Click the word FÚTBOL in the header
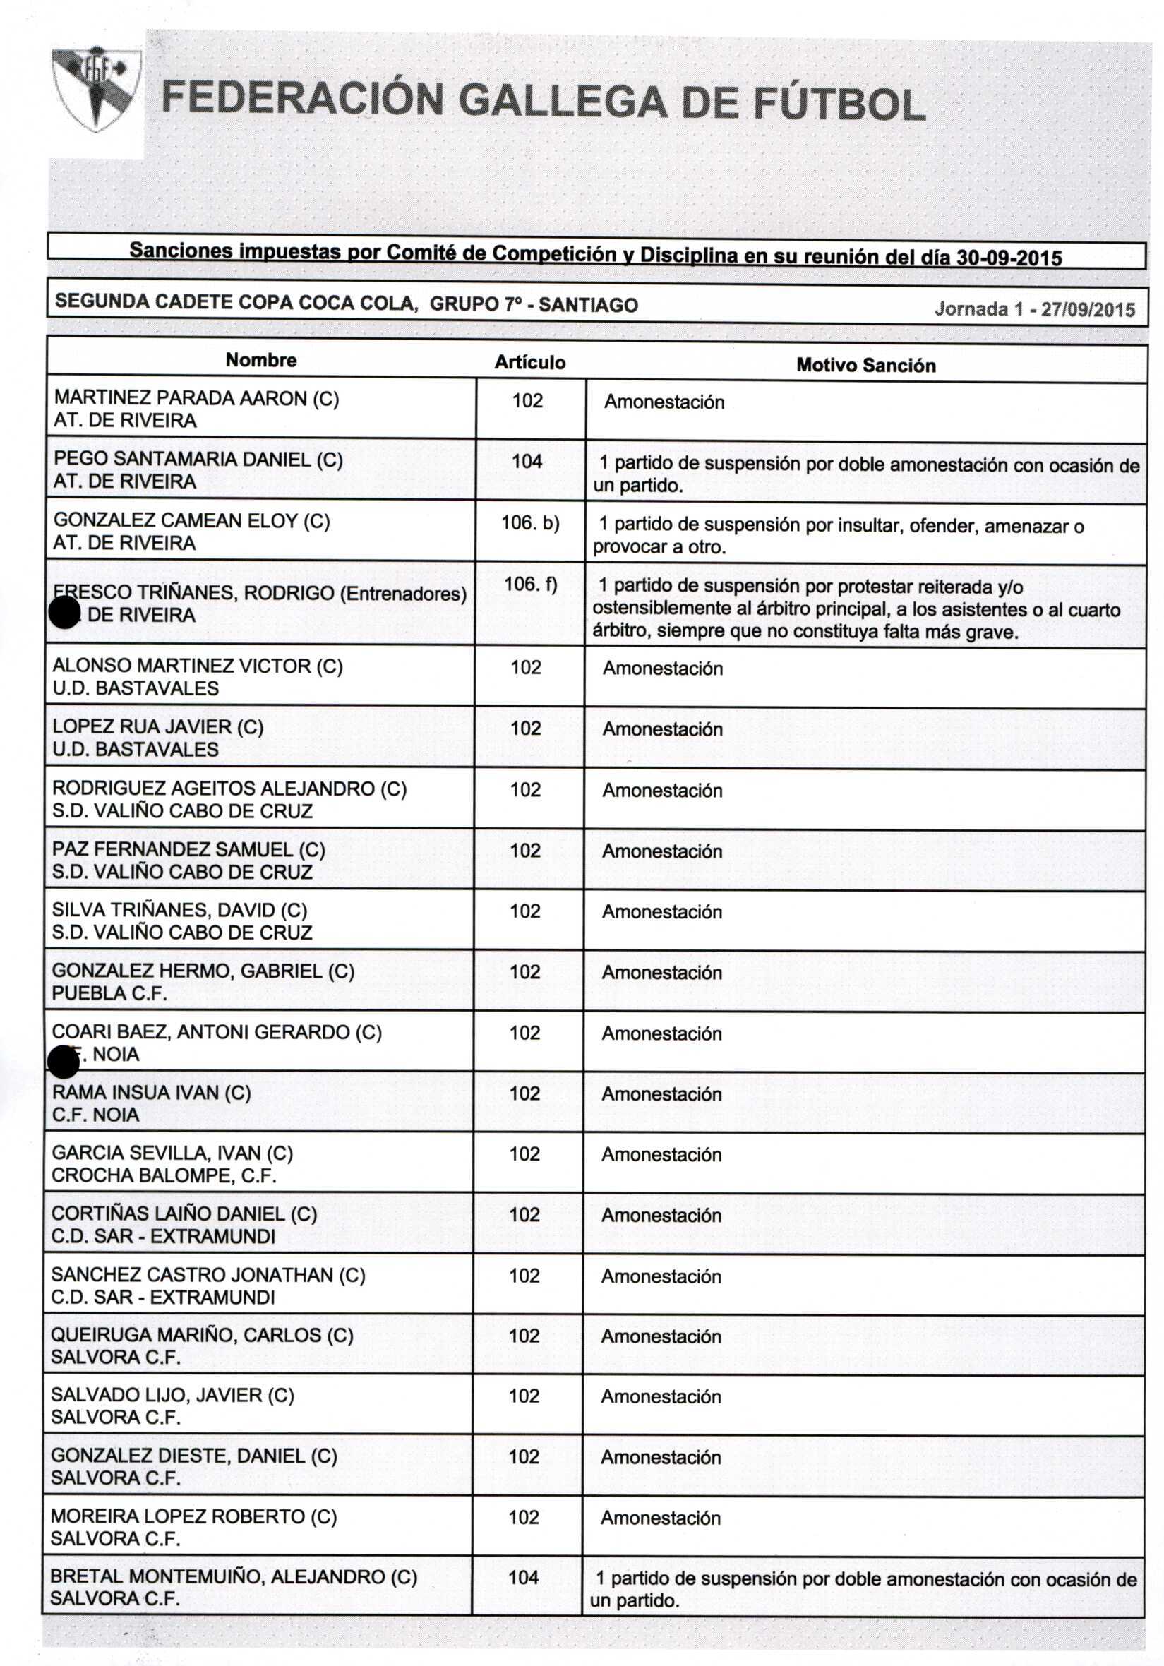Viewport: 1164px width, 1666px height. click(x=839, y=103)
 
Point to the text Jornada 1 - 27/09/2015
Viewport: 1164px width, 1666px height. click(x=1034, y=309)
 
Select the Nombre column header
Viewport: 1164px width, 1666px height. click(x=261, y=360)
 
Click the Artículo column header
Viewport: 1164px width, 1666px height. click(x=529, y=362)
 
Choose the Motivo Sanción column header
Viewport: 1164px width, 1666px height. click(x=865, y=365)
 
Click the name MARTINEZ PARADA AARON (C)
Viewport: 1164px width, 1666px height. click(x=196, y=398)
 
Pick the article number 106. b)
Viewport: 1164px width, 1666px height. click(x=529, y=522)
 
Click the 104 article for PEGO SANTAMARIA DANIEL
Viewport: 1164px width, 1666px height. click(x=527, y=462)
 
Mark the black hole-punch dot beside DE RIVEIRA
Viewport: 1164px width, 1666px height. click(x=64, y=613)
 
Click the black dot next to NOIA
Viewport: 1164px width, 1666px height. click(x=63, y=1062)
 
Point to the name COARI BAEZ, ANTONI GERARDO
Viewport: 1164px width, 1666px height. click(x=216, y=1032)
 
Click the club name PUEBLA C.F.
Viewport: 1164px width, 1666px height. click(x=109, y=993)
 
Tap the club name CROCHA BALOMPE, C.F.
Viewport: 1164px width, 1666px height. click(x=164, y=1175)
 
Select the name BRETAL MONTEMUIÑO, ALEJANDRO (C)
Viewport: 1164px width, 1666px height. click(x=234, y=1577)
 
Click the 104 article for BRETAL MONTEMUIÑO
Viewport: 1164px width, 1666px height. click(x=523, y=1578)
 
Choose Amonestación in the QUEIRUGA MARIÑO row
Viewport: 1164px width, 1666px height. click(x=661, y=1336)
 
